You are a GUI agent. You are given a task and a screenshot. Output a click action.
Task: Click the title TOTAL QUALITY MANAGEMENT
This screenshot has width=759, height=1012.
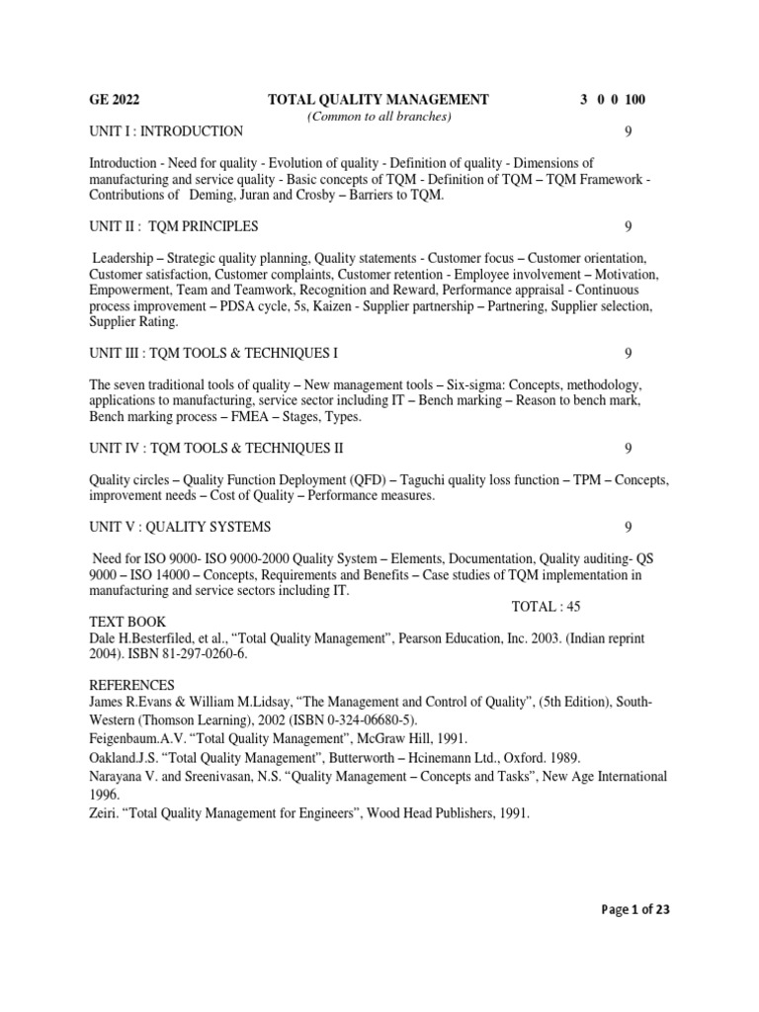pyautogui.click(x=379, y=99)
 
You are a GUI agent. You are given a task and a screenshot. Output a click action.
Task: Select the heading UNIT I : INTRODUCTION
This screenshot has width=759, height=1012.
pyautogui.click(x=166, y=131)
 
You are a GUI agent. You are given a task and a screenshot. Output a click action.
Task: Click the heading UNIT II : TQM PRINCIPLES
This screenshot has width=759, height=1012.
pyautogui.click(x=174, y=226)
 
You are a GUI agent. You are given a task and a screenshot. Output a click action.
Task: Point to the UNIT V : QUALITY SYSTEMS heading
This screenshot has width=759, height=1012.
pyautogui.click(x=180, y=527)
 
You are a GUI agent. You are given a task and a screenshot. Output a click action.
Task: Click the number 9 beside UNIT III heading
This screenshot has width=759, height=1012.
pyautogui.click(x=629, y=353)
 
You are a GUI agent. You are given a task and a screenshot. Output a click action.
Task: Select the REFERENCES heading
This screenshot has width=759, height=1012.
pyautogui.click(x=131, y=685)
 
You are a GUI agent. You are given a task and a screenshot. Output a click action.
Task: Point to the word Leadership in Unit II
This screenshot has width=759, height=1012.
pyautogui.click(x=123, y=257)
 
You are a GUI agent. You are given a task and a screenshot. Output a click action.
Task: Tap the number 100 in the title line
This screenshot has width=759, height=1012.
pyautogui.click(x=633, y=99)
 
